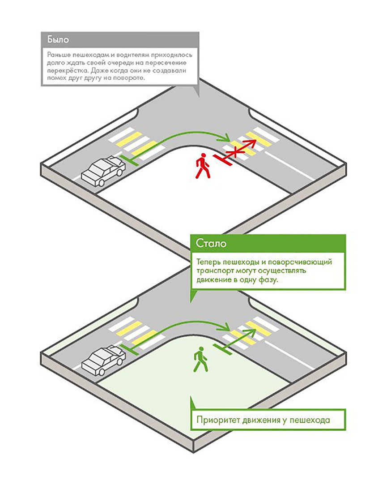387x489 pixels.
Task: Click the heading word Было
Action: (x=56, y=39)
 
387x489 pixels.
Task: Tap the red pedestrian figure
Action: (x=202, y=166)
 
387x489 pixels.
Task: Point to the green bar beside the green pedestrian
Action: (x=222, y=351)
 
